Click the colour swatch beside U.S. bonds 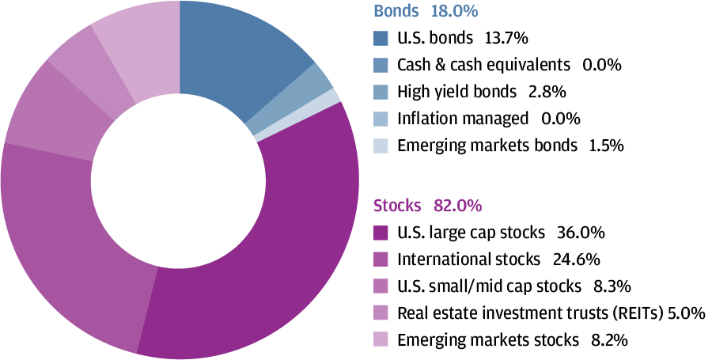381,37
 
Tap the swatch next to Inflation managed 381,119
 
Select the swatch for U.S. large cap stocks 381,233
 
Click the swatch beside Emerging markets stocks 381,340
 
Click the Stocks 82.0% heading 427,206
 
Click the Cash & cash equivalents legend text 483,64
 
